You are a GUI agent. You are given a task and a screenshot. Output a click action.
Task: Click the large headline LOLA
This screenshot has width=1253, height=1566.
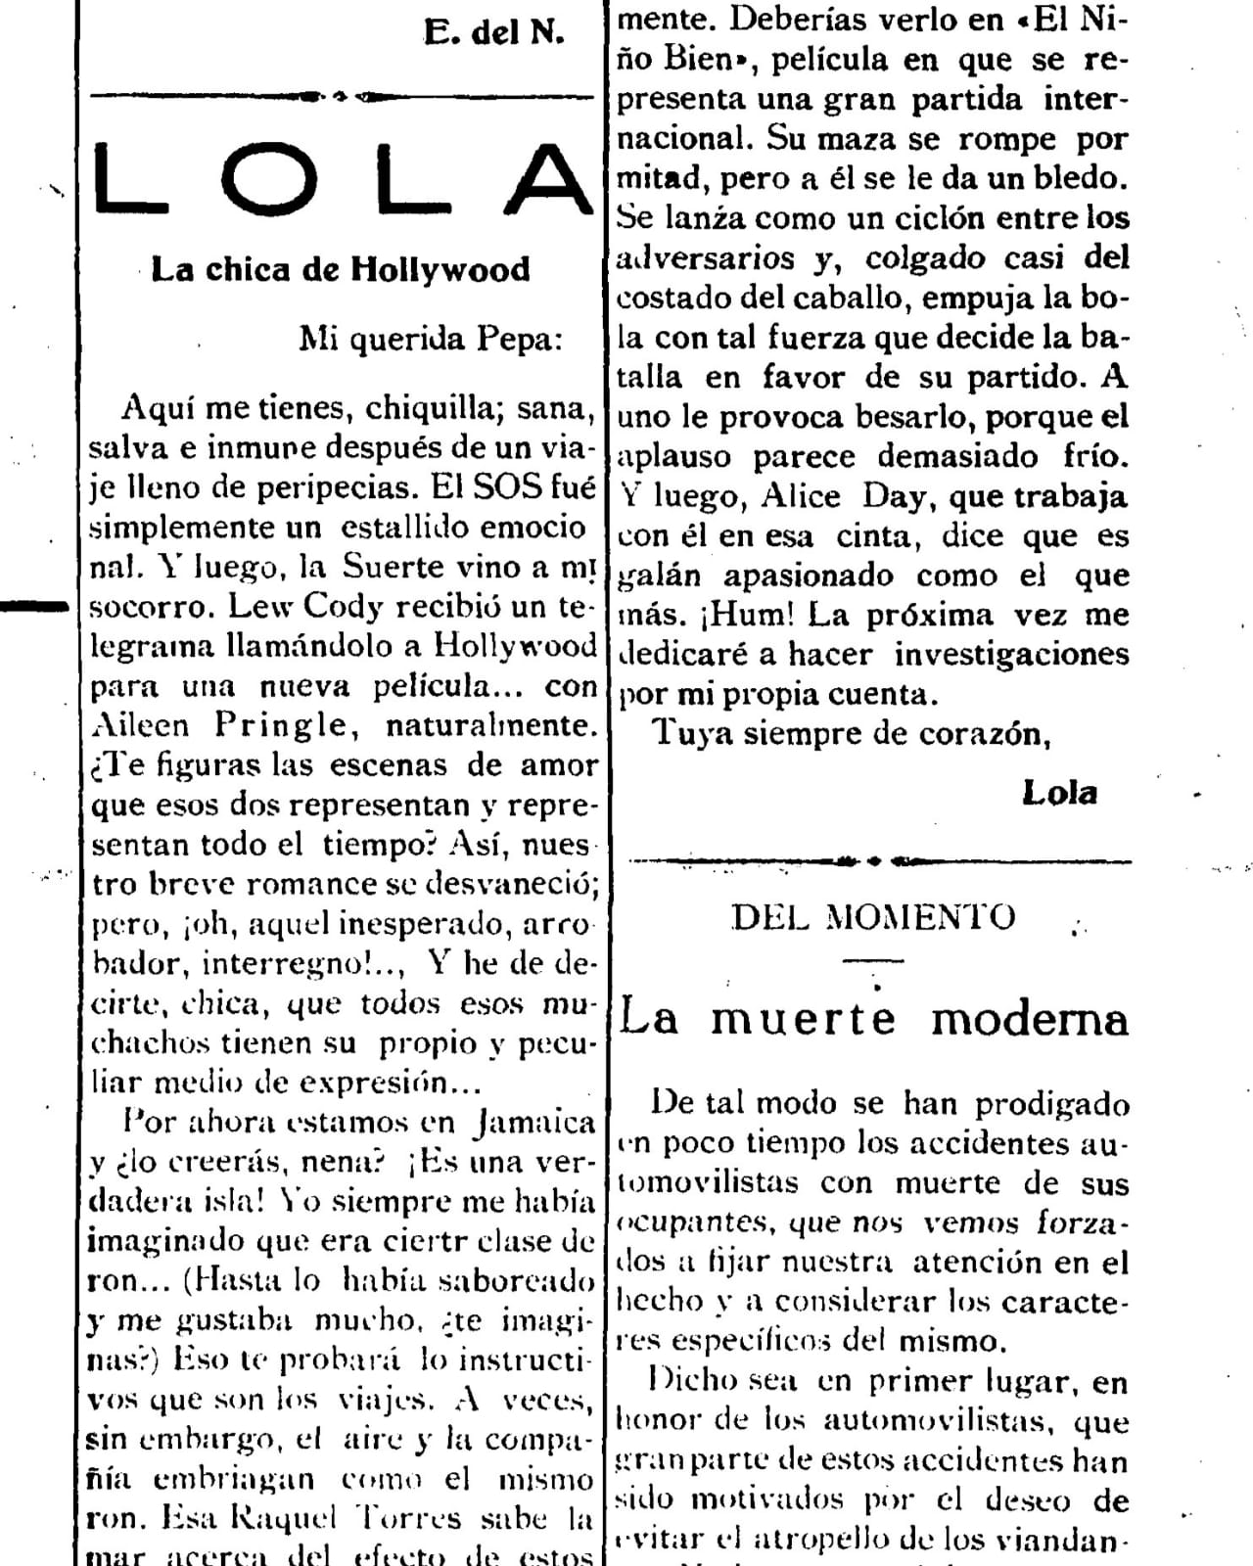(x=343, y=178)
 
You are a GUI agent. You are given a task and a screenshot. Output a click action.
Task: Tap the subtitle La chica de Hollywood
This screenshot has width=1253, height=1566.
(x=340, y=269)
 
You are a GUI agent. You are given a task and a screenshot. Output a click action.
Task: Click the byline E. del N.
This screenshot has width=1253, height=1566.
(x=494, y=32)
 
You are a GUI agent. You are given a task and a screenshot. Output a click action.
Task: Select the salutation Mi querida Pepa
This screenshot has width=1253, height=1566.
(x=431, y=339)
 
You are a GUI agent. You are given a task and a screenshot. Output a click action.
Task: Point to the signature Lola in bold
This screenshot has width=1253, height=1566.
(x=1059, y=793)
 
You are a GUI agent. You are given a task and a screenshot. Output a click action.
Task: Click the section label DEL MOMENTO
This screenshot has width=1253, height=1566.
(x=873, y=917)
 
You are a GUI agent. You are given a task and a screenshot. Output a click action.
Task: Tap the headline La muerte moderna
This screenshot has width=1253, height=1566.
(x=874, y=1018)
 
